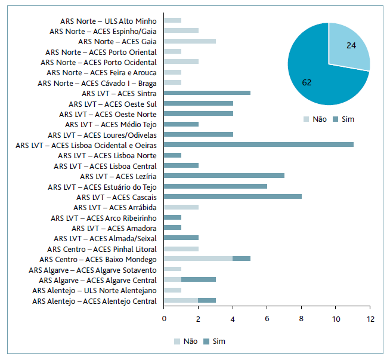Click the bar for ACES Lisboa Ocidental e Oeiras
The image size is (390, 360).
[x=258, y=145]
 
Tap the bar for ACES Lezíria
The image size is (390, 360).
[x=224, y=176]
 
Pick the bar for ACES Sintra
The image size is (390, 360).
[x=207, y=93]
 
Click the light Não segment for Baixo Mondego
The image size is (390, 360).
[x=198, y=259]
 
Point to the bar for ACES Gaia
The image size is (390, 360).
[x=190, y=41]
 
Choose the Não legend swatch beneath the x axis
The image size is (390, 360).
[x=178, y=341]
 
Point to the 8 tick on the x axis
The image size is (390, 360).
[x=302, y=318]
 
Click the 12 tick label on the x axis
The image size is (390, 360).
[x=370, y=318]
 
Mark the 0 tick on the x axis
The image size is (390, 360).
[x=164, y=318]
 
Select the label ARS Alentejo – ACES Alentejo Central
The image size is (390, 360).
[x=94, y=301]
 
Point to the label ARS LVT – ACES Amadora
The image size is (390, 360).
[x=114, y=228]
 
